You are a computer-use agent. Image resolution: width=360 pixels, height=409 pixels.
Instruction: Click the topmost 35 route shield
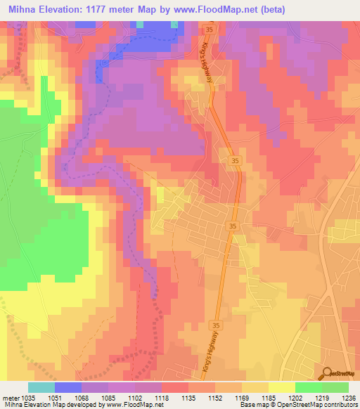pyautogui.click(x=210, y=31)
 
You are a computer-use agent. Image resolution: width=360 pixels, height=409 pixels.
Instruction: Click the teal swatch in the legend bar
pyautogui.click(x=41, y=387)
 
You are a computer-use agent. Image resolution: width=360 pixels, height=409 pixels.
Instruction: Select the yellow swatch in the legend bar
pyautogui.click(x=281, y=387)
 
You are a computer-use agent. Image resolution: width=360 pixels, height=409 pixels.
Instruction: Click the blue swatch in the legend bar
pyautogui.click(x=68, y=387)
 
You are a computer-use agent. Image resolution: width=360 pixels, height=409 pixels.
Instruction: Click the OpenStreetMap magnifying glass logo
pyautogui.click(x=327, y=375)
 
